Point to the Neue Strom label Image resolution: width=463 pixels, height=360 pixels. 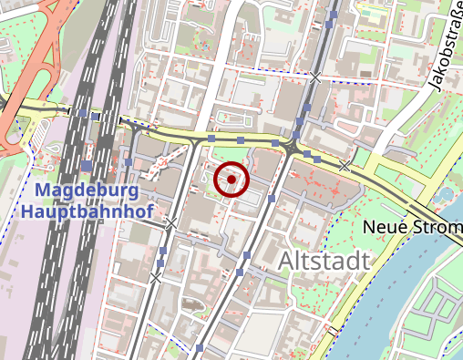(412, 226)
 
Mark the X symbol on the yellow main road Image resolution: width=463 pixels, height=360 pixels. (345, 166)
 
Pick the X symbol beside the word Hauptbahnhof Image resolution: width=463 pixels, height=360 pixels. (170, 222)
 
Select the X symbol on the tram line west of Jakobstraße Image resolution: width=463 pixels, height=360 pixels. (315, 77)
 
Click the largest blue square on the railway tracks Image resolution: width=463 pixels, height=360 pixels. (86, 165)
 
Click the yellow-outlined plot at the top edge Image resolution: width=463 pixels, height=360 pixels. (373, 13)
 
